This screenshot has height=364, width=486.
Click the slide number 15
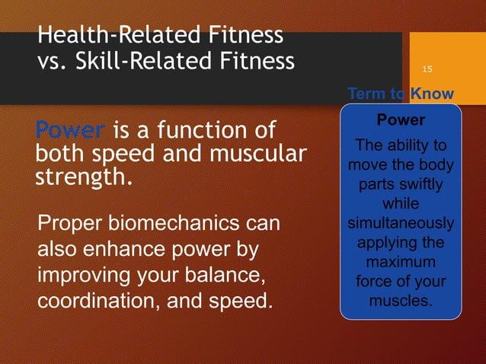click(x=427, y=70)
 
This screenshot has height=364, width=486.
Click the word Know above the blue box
click(x=432, y=94)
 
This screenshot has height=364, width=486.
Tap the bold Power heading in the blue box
click(x=401, y=121)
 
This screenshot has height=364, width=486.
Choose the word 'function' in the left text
click(x=197, y=131)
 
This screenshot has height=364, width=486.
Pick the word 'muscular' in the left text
click(x=257, y=155)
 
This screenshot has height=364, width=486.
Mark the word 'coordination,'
click(x=98, y=299)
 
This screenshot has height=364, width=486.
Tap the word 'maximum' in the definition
click(x=401, y=263)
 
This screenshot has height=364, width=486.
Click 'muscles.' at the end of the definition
click(x=401, y=301)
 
